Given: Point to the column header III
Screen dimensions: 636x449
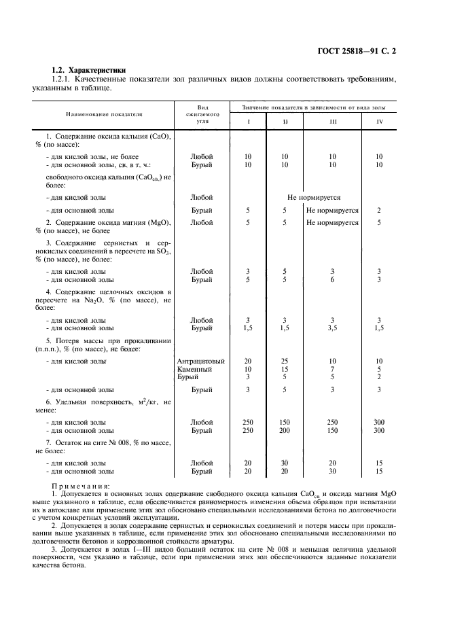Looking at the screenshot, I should click(332, 122).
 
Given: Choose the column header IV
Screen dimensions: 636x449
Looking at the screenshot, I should click(379, 122).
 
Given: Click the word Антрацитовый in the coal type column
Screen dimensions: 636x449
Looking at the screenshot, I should click(201, 361).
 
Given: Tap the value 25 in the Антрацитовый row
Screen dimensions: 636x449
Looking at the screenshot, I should click(285, 361).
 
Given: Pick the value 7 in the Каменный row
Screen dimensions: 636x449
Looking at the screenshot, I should click(332, 369).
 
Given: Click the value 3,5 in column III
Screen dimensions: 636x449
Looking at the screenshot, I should click(332, 328).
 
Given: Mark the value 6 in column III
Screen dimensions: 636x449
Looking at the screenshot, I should click(332, 279).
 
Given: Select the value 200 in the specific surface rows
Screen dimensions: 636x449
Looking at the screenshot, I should click(285, 430).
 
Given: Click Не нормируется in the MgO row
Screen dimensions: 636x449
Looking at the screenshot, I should click(332, 222).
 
